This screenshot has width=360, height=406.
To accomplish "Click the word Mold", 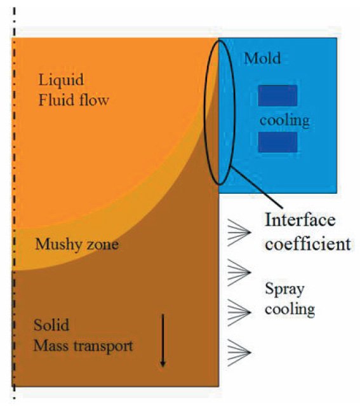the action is click(262, 58).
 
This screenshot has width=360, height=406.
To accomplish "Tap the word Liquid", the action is click(61, 80).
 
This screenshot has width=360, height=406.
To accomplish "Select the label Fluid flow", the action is click(74, 100).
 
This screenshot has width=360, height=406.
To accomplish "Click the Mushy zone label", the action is click(77, 244).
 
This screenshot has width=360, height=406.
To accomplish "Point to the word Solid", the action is click(51, 325).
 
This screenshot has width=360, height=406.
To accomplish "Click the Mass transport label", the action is click(83, 346).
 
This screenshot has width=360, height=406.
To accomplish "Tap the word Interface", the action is click(300, 220).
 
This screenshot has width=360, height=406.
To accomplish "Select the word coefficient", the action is click(308, 243).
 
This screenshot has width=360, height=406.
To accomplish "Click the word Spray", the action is click(284, 290).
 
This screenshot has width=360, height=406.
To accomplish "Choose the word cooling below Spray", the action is click(290, 309).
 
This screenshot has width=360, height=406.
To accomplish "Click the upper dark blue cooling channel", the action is click(277, 95).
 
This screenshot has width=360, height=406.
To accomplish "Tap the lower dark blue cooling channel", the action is click(277, 142).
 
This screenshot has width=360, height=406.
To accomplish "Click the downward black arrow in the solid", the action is click(163, 341).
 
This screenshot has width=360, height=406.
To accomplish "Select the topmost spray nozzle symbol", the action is click(239, 233).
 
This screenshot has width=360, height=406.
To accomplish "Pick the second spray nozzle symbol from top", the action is click(239, 273).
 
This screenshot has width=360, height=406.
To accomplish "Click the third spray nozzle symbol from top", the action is click(239, 312).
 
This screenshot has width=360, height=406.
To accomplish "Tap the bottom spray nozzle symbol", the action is click(239, 353).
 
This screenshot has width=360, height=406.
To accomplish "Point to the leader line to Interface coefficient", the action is click(256, 187).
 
